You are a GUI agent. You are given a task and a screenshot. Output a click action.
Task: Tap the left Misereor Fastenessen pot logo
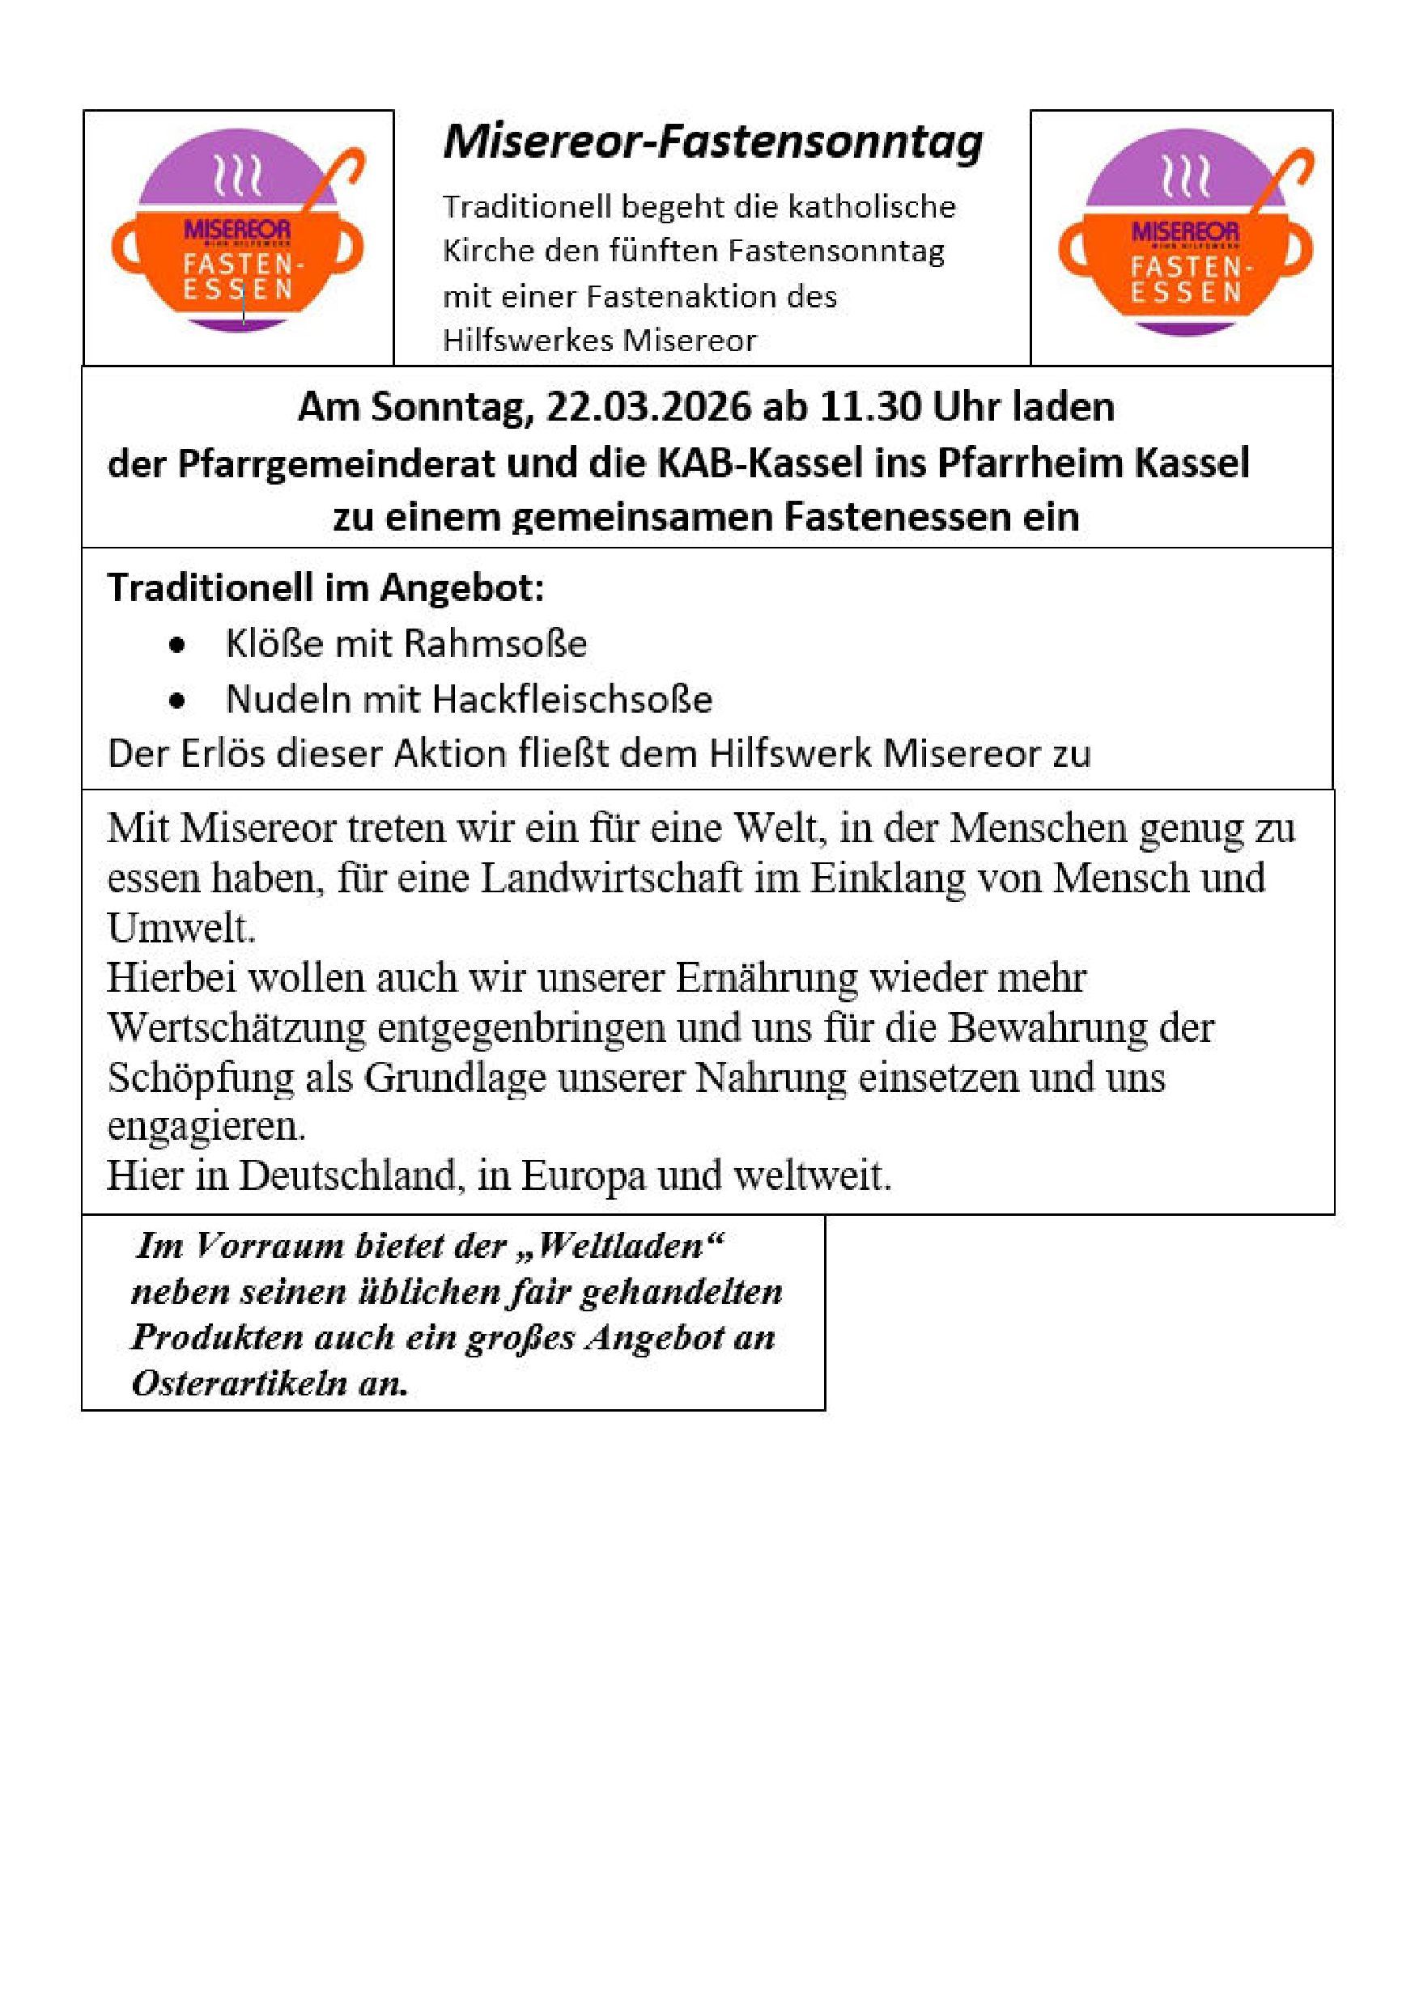237,231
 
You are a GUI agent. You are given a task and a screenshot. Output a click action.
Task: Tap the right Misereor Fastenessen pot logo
1185,231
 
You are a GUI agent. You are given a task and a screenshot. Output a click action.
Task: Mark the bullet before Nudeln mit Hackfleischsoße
178,701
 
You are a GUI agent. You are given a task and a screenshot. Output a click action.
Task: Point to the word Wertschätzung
236,1029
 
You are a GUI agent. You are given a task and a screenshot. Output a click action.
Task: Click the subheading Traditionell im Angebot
325,588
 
